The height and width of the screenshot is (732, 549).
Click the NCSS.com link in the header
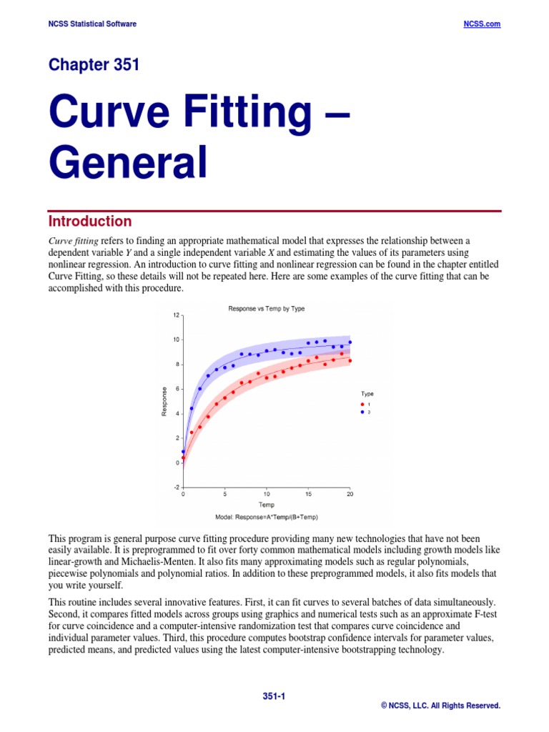(x=482, y=24)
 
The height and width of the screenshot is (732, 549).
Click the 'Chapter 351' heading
(x=94, y=65)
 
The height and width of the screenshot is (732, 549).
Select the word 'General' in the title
(x=128, y=162)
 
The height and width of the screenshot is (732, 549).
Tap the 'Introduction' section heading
(x=89, y=221)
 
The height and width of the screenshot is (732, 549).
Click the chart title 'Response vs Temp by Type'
(x=266, y=309)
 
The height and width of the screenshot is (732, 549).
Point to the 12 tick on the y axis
(x=176, y=315)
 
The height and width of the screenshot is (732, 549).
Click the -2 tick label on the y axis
(x=175, y=488)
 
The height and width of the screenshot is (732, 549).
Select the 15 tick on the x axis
(x=308, y=495)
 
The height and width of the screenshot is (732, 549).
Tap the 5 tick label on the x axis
(x=225, y=495)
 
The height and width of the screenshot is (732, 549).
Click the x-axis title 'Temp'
(x=266, y=505)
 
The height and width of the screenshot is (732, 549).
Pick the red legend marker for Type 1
(x=362, y=405)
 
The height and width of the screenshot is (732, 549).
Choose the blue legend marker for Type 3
(x=362, y=412)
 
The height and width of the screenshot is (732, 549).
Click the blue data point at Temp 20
(x=350, y=342)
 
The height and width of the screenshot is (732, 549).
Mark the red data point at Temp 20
(x=350, y=361)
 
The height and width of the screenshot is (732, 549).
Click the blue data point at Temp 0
(x=184, y=452)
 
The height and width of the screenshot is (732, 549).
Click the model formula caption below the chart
(x=265, y=515)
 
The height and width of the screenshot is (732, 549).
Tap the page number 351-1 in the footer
(x=274, y=696)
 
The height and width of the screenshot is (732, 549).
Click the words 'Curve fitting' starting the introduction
(x=74, y=241)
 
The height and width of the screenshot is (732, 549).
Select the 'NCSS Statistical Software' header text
(x=92, y=24)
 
